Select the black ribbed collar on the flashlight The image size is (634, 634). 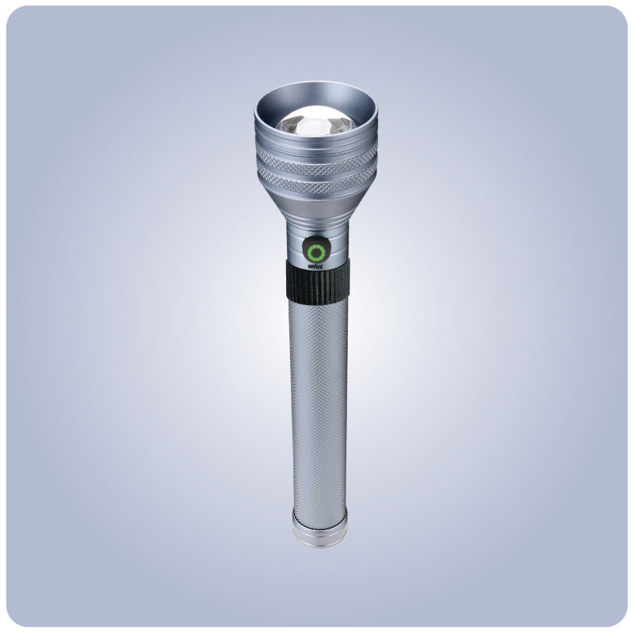[317, 281]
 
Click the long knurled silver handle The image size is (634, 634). [317, 396]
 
